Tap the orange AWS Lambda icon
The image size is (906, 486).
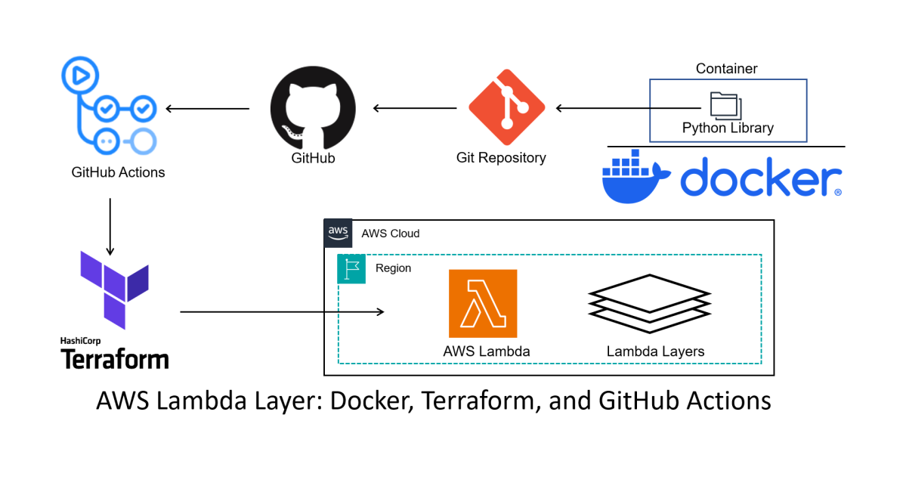pos(483,303)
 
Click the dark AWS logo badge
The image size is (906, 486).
pos(338,233)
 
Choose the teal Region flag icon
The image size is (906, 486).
pos(351,269)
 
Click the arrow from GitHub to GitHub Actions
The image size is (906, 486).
pos(207,109)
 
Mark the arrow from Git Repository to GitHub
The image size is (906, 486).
pos(415,109)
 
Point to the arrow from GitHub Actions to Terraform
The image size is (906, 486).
pos(110,226)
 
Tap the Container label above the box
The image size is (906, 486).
pos(726,69)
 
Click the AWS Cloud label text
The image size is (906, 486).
pos(390,234)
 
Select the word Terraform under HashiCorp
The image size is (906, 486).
pos(114,358)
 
